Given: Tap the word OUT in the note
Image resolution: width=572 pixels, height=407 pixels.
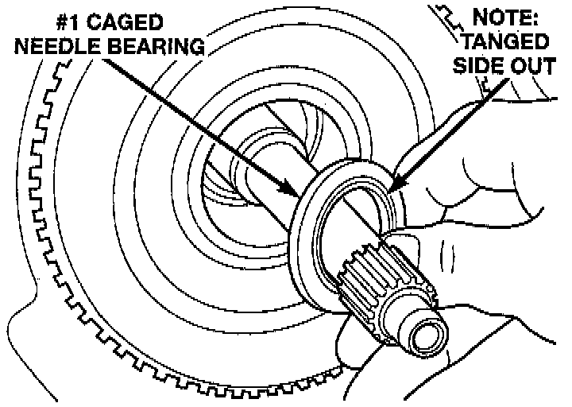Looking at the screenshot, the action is pos(537,64).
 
